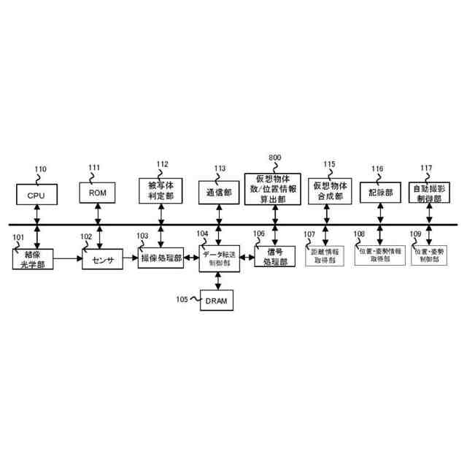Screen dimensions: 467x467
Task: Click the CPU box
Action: click(36, 195)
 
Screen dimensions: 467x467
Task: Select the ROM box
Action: click(98, 193)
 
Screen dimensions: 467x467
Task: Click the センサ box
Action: click(102, 260)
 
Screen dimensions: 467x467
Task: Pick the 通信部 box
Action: click(218, 193)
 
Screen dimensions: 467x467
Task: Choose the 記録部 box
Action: click(380, 193)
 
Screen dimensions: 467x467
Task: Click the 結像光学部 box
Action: click(34, 259)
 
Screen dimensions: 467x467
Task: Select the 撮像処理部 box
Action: click(161, 259)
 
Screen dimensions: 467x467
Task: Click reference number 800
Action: click(275, 158)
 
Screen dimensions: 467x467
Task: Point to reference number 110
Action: click(39, 169)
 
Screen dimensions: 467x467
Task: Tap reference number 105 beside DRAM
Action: click(182, 298)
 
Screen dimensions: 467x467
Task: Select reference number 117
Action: click(426, 168)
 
